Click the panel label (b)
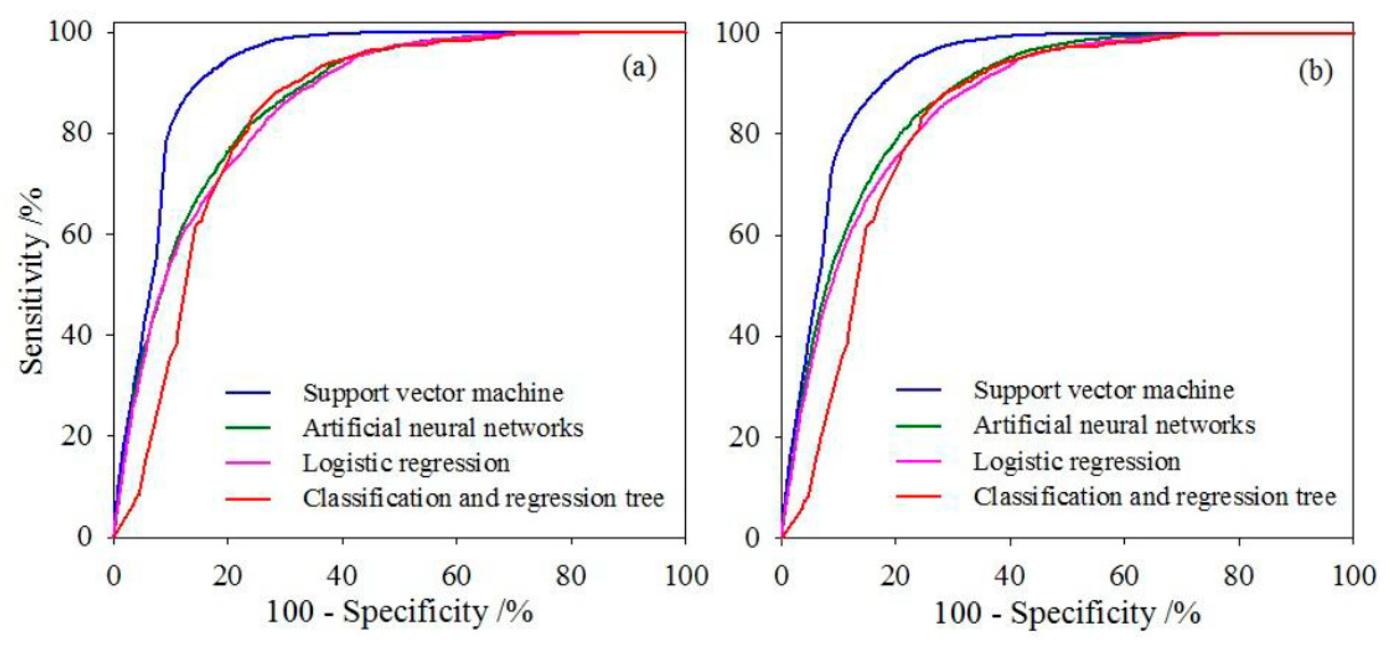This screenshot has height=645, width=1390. [x=1315, y=71]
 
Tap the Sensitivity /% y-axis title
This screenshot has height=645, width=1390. [x=32, y=281]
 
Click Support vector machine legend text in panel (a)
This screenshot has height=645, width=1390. [x=433, y=392]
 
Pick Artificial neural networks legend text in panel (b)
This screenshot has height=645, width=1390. [x=1114, y=425]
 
